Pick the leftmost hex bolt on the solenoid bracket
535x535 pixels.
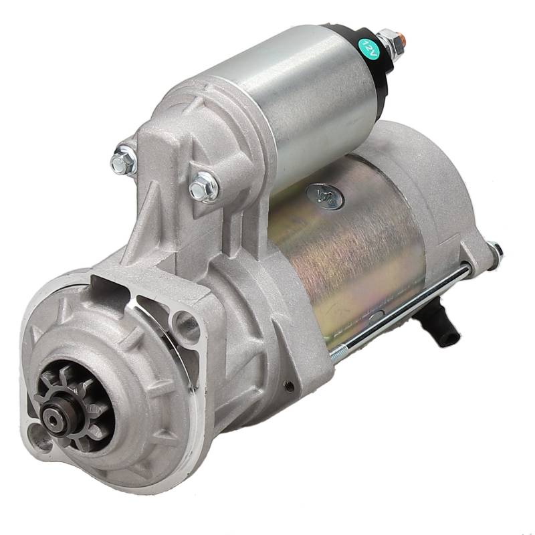click(124, 161)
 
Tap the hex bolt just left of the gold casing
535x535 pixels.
click(203, 187)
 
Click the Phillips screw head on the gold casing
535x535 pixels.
click(325, 196)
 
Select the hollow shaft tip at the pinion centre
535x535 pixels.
click(53, 421)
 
